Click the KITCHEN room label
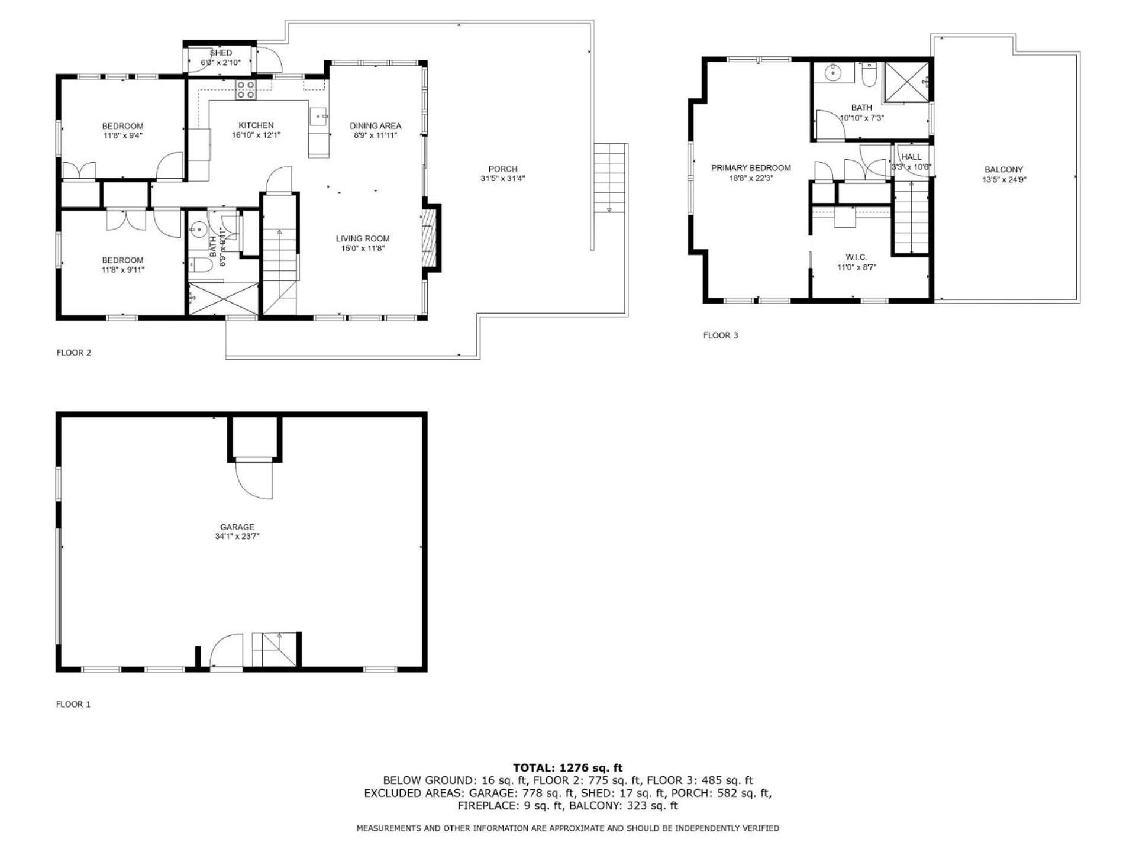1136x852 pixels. pos(256,125)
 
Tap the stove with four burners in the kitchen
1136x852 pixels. pos(246,90)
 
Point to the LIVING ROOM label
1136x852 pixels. pos(363,238)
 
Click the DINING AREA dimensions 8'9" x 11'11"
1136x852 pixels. pos(375,135)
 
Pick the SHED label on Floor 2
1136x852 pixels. pos(221,53)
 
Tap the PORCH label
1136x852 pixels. pos(503,169)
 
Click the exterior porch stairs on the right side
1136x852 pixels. pos(609,178)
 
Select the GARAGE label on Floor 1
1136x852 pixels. pos(237,527)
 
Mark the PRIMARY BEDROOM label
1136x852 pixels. pos(751,168)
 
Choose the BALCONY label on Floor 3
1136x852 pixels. pos(1003,169)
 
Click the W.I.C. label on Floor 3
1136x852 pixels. pos(856,257)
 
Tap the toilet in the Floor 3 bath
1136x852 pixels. pos(869,76)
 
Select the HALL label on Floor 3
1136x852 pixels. pos(911,157)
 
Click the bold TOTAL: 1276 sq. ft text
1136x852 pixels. pos(568,768)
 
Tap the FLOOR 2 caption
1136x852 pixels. pos(74,353)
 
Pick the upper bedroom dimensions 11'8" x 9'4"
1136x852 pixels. pos(122,135)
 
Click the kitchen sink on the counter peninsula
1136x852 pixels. pos(319,117)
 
